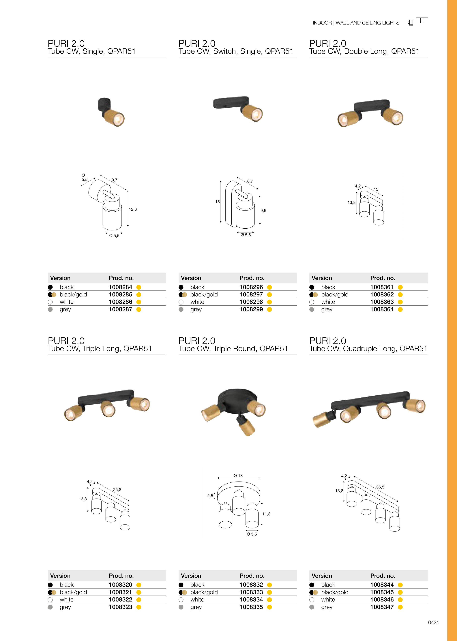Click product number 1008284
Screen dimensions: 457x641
tap(120, 287)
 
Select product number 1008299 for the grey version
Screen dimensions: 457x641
tap(251, 309)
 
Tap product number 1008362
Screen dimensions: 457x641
tap(382, 294)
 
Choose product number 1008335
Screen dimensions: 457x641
tap(251, 607)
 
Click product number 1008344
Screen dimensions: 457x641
tap(382, 585)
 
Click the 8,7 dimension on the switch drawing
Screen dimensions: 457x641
tap(250, 181)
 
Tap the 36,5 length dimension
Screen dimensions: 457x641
tap(380, 487)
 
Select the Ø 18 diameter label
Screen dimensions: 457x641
tap(238, 476)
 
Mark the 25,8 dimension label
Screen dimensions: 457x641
tap(117, 490)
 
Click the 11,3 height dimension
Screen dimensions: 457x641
tap(266, 514)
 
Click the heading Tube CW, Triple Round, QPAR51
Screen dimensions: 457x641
tap(233, 349)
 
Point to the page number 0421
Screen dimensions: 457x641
tap(433, 622)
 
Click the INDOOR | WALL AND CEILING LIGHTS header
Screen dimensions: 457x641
tap(356, 23)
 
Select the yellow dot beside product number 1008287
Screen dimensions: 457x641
tap(139, 309)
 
